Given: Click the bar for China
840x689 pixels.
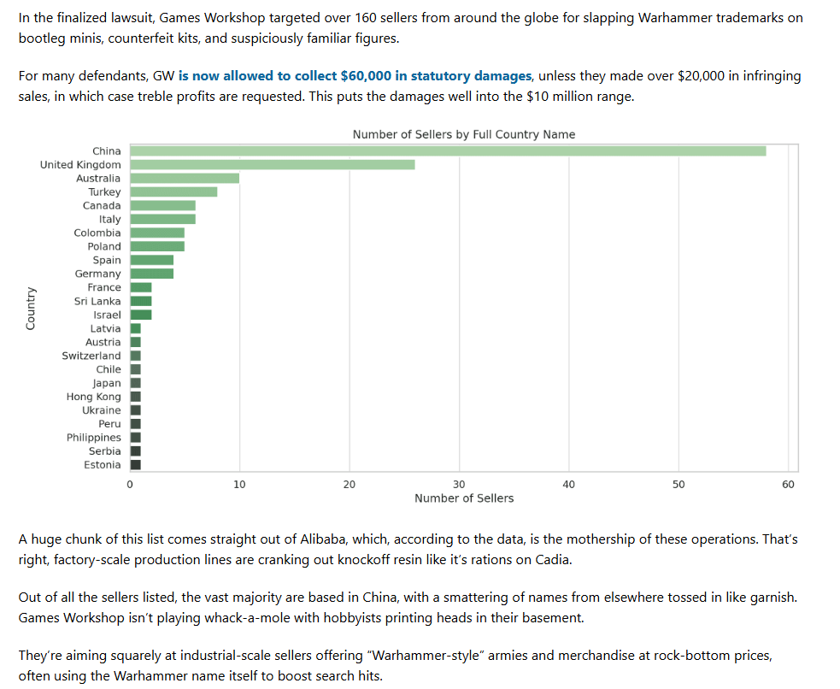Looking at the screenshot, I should [x=448, y=151].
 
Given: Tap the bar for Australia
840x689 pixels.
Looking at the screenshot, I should [x=185, y=178].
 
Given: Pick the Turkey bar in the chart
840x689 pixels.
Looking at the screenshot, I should [x=173, y=191].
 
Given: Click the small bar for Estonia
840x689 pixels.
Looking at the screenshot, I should [x=135, y=465].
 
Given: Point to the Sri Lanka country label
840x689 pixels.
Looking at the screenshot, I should [x=97, y=301].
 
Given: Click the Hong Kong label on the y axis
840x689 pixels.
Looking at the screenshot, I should [x=94, y=397].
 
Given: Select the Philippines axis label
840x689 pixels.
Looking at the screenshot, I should [x=94, y=438].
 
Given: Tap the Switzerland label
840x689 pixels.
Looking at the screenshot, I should [x=91, y=356].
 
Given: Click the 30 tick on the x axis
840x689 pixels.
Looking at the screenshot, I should [x=459, y=485].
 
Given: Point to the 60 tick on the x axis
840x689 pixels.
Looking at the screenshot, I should [x=788, y=485].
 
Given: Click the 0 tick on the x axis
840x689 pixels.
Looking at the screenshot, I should [x=130, y=485].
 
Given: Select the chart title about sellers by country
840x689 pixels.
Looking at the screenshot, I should [x=464, y=134].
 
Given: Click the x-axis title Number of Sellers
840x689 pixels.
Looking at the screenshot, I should [x=464, y=498].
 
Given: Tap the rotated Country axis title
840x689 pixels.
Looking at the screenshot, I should [x=31, y=308].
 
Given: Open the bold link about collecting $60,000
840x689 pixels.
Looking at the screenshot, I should [x=355, y=76].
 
